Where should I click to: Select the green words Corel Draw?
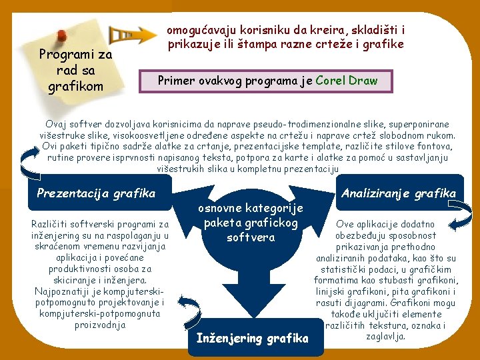pos(347,81)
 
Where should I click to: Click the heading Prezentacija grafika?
pos(96,193)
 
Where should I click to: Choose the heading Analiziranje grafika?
pos(399,193)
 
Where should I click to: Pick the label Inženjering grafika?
pos(253,338)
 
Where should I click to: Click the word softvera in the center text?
pos(251,237)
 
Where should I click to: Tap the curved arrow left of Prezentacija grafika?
pos(29,163)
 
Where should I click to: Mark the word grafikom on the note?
pos(75,86)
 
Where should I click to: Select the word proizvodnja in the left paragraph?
pos(100,325)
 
